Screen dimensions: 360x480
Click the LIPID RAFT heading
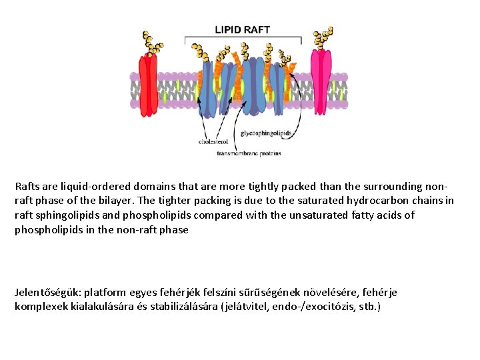click(x=242, y=29)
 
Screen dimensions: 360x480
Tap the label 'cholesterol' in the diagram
click(x=213, y=141)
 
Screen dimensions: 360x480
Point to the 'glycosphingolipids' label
click(x=266, y=133)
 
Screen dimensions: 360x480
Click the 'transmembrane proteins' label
click(x=249, y=153)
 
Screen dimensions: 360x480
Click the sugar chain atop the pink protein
click(x=324, y=37)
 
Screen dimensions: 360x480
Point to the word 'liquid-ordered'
click(x=90, y=187)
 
